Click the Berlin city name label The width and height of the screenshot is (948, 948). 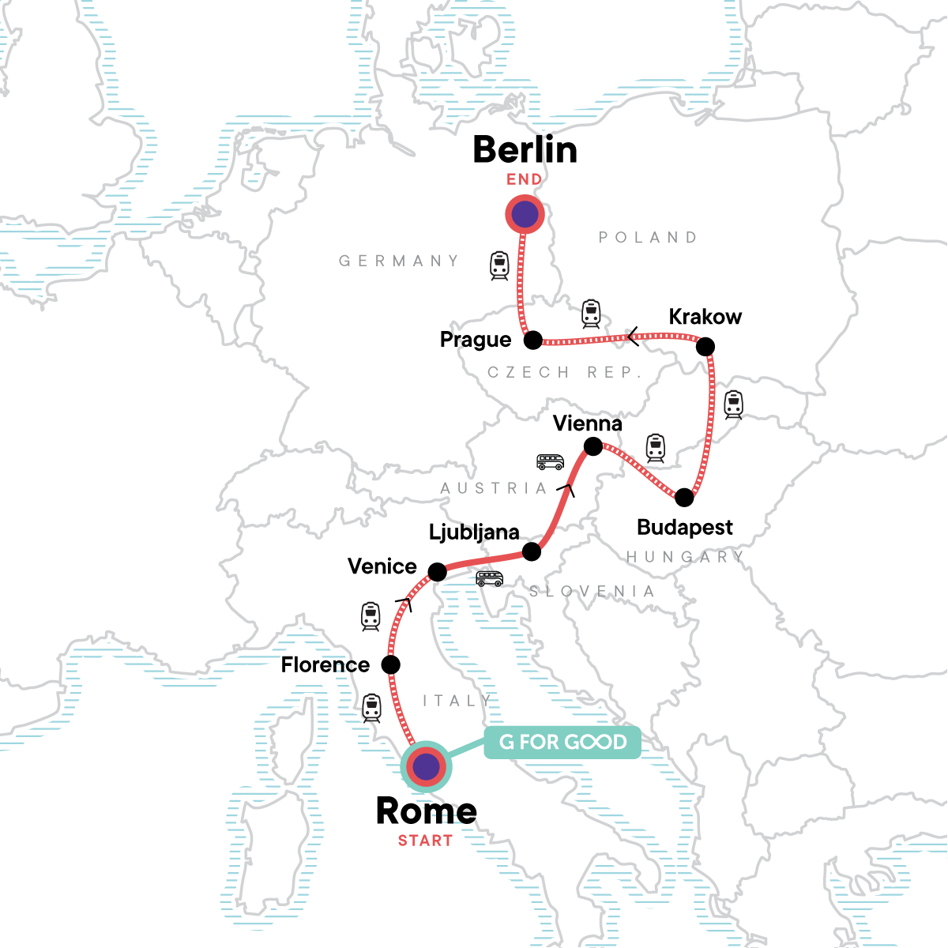tap(525, 149)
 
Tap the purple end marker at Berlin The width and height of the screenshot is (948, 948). tap(525, 214)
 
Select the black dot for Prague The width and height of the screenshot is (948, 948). tap(533, 340)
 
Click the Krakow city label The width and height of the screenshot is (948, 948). tap(705, 317)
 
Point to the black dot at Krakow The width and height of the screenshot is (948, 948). tap(705, 346)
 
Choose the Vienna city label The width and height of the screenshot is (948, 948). tap(587, 423)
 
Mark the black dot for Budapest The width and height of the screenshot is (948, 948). tap(684, 498)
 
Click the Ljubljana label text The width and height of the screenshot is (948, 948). tap(474, 532)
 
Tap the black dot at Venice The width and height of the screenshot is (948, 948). tap(437, 571)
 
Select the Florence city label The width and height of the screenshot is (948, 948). tap(325, 665)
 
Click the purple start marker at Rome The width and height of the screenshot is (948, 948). tap(426, 766)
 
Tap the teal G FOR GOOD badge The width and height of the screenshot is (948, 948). tap(562, 743)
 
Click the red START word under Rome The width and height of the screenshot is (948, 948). tap(425, 841)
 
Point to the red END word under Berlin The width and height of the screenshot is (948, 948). tap(525, 179)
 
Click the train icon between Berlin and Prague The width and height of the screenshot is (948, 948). tap(499, 265)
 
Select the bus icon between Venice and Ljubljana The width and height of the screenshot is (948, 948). tap(489, 579)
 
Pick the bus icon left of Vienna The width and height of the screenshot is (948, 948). tap(550, 462)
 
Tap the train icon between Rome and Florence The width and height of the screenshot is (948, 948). tap(371, 708)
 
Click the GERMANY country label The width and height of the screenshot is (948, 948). tap(398, 261)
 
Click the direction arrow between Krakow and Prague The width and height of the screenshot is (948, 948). tap(632, 337)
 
